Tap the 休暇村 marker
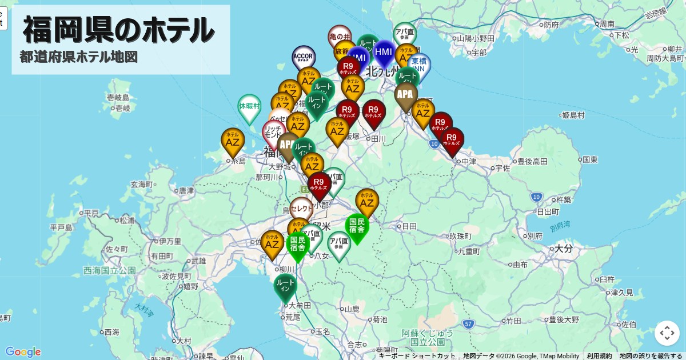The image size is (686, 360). (x=249, y=107)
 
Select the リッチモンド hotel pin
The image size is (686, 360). (x=273, y=131)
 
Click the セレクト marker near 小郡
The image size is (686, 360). (x=301, y=209)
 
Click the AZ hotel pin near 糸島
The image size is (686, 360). (x=233, y=141)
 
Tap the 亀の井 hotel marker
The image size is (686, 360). (x=340, y=36)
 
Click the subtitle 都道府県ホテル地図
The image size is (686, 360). (x=79, y=57)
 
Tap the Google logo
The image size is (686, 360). (x=23, y=352)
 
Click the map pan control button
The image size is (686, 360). (x=667, y=333)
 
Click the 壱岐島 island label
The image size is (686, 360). (x=118, y=98)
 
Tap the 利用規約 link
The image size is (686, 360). (x=599, y=356)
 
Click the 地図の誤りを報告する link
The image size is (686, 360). (x=651, y=356)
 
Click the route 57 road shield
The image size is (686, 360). (x=469, y=324)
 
